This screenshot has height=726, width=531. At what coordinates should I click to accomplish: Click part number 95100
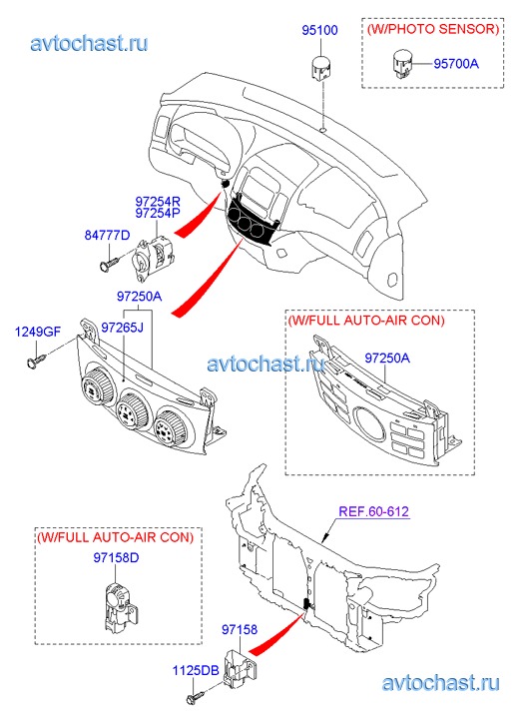(319, 30)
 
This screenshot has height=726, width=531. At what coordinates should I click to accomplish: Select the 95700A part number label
(456, 64)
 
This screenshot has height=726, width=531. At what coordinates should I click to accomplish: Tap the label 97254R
(158, 202)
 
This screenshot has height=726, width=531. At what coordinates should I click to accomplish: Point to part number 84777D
(108, 236)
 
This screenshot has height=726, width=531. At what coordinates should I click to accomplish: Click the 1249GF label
(38, 332)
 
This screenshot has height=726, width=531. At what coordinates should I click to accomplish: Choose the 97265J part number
(123, 328)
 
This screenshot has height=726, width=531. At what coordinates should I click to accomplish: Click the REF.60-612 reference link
(374, 511)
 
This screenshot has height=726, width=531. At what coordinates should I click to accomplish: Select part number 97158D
(116, 557)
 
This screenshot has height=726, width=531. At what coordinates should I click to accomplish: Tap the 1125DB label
(196, 670)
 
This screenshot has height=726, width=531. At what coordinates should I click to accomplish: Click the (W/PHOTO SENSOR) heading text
(433, 29)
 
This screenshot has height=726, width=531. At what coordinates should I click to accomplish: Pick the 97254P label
(158, 213)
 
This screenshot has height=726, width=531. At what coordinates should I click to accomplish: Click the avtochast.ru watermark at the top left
(90, 44)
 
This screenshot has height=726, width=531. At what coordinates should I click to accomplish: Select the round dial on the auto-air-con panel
(369, 423)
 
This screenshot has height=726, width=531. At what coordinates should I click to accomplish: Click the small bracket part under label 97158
(241, 668)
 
